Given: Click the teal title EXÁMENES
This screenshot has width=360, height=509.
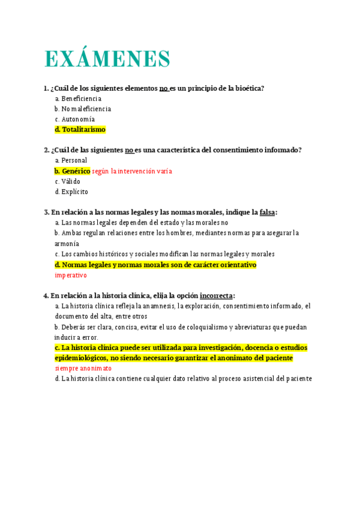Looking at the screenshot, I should (x=107, y=59).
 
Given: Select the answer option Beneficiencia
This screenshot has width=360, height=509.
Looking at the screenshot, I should (x=82, y=98).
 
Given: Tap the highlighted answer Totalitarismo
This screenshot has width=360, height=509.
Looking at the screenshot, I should (x=83, y=130).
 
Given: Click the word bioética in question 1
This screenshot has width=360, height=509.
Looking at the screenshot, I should (x=248, y=88).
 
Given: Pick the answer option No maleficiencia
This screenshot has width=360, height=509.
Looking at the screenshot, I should (x=86, y=109).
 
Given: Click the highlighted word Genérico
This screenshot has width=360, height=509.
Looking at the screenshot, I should (x=76, y=171).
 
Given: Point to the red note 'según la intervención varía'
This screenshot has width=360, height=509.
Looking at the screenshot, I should (x=132, y=171).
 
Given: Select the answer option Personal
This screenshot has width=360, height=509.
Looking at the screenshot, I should (x=74, y=160).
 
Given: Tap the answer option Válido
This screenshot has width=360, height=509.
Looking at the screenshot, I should (x=71, y=181).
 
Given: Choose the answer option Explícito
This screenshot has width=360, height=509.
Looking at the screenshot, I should (x=74, y=192).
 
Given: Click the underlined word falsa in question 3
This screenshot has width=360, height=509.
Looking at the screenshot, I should (x=267, y=212).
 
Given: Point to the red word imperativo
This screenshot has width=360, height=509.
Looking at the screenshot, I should (x=71, y=276).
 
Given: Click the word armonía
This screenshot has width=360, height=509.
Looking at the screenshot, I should (x=67, y=244).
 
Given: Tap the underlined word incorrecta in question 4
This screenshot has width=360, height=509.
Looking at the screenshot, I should (x=216, y=295).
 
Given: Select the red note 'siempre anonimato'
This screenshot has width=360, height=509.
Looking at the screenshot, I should (x=83, y=368).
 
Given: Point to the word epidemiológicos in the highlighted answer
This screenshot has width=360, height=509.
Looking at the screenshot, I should (x=82, y=358).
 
